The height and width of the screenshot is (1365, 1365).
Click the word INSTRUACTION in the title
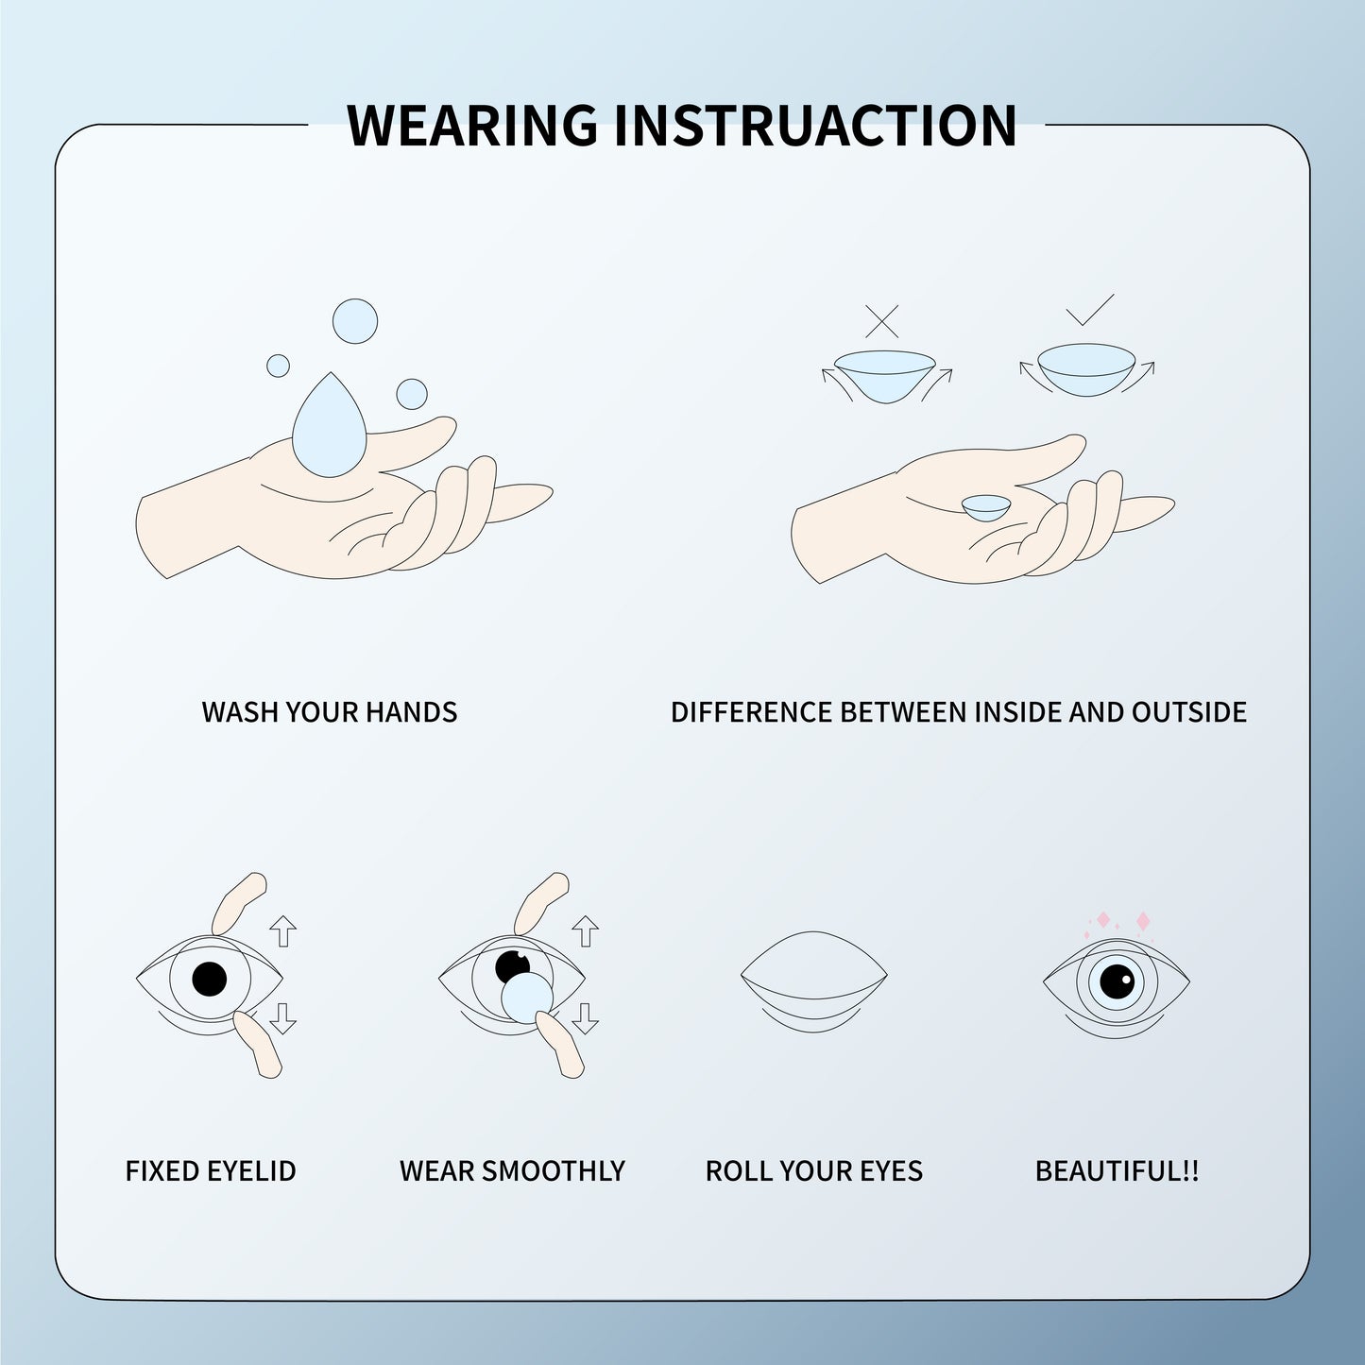click(815, 125)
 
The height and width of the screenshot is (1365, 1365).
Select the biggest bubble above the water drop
click(355, 321)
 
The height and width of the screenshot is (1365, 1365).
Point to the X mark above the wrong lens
click(881, 321)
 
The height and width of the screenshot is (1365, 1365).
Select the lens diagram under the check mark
click(1085, 369)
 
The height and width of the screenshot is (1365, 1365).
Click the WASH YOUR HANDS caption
click(329, 711)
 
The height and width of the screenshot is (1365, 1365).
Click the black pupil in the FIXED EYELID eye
click(209, 980)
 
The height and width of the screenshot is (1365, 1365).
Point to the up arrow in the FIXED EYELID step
click(282, 930)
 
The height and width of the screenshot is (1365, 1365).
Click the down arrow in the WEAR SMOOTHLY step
click(586, 1016)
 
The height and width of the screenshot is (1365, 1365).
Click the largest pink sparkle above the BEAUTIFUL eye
click(1142, 920)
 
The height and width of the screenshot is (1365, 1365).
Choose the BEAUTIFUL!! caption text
click(1117, 1171)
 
